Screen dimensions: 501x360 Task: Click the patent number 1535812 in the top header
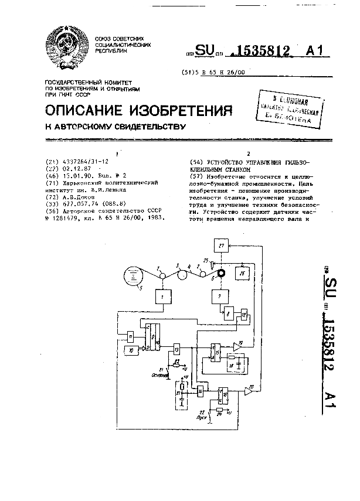tap(260, 52)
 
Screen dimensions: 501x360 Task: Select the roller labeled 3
tap(182, 275)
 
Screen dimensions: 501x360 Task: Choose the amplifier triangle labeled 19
tap(237, 346)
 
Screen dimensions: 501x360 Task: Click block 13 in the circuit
tap(176, 349)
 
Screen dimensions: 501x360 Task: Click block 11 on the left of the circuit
tap(131, 334)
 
